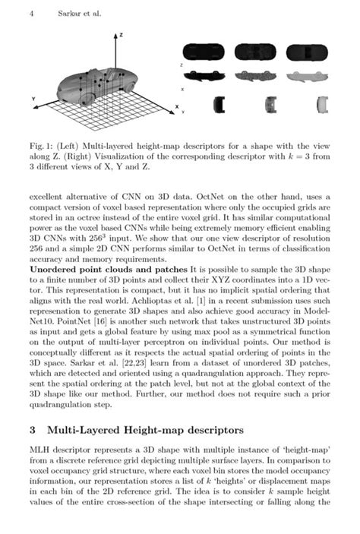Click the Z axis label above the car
(122, 36)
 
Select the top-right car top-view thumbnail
(311, 52)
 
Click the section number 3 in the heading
(32, 429)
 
